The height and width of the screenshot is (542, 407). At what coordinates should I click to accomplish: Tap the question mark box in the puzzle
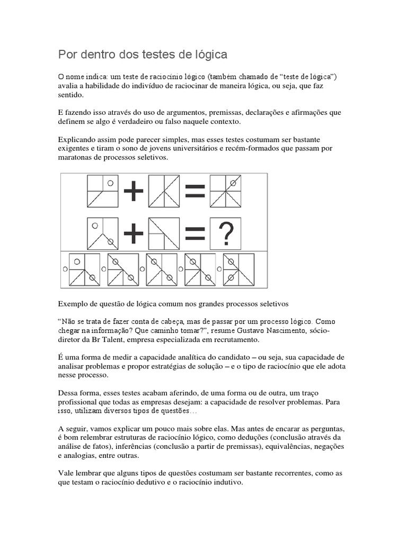coord(226,233)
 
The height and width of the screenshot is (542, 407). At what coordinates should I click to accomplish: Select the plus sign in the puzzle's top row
coord(134,192)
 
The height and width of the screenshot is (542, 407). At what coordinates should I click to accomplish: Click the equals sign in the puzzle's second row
coord(195,233)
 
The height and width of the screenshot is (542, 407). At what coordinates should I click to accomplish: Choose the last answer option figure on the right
coord(238,269)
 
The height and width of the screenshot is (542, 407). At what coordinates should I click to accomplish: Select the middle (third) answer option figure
coord(162,269)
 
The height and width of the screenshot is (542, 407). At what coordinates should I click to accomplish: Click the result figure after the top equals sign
coord(226,192)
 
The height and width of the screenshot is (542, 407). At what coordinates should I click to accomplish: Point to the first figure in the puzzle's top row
coord(102,192)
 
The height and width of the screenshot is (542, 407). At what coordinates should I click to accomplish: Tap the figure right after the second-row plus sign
coord(164,233)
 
